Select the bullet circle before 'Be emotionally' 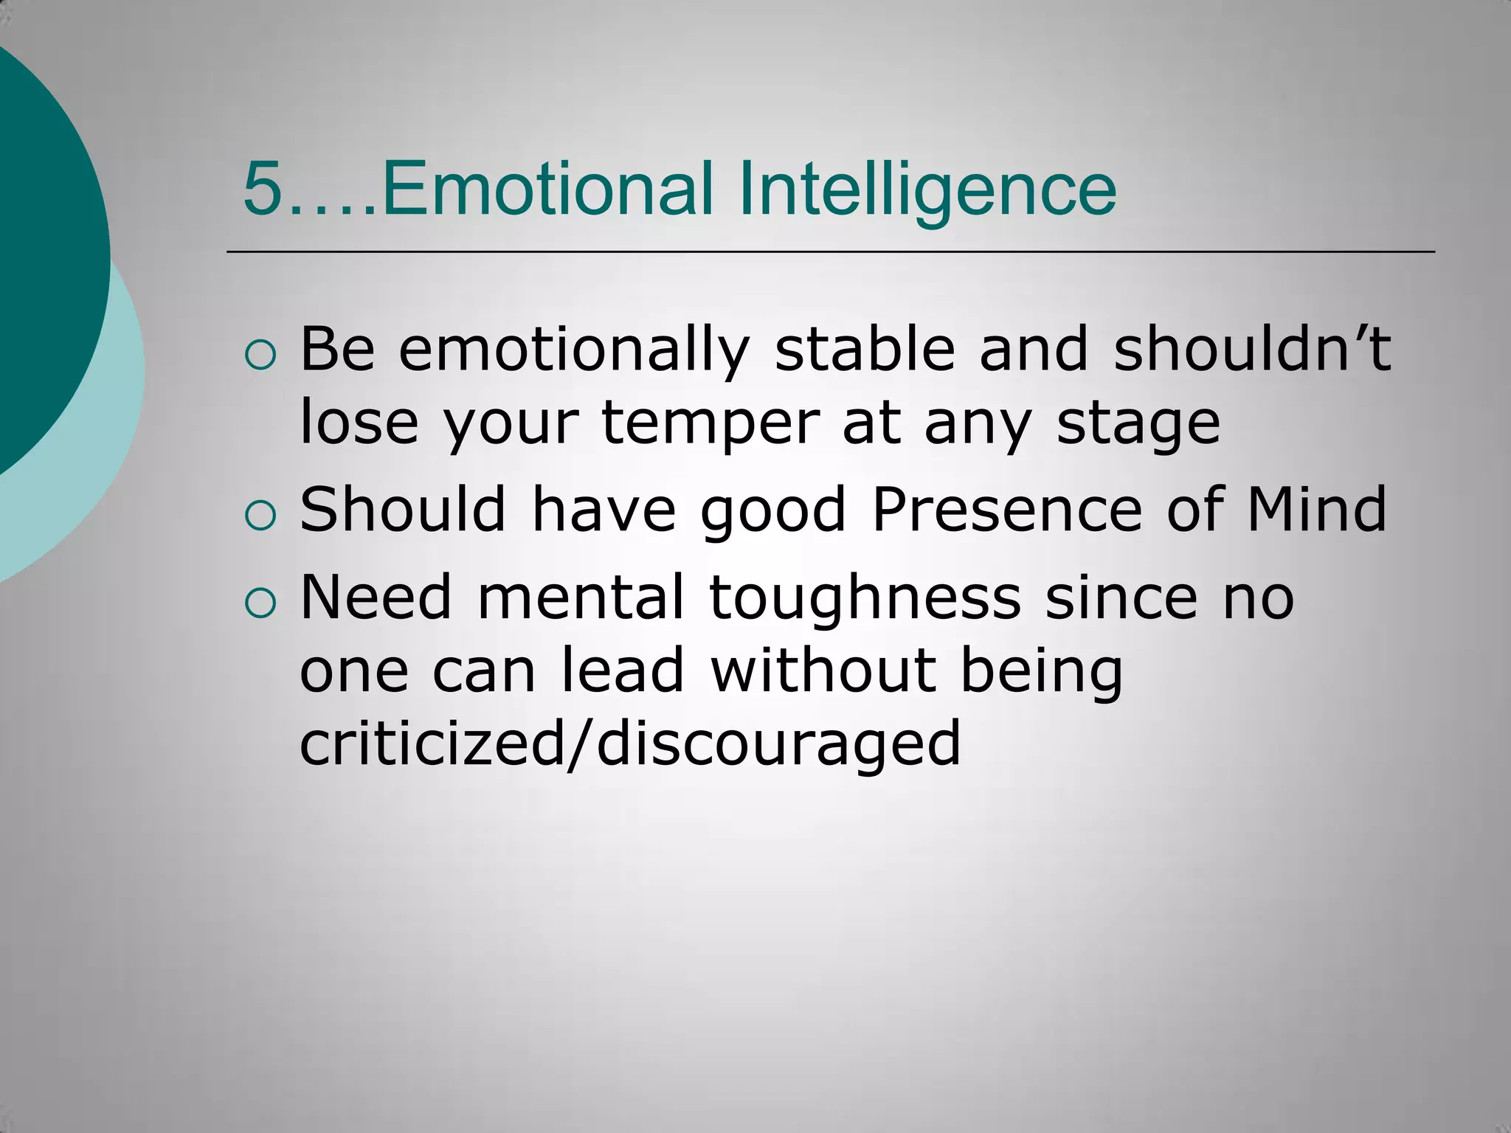click(260, 356)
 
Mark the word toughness click(865, 599)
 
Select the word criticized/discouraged click(630, 744)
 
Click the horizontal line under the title click(830, 252)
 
